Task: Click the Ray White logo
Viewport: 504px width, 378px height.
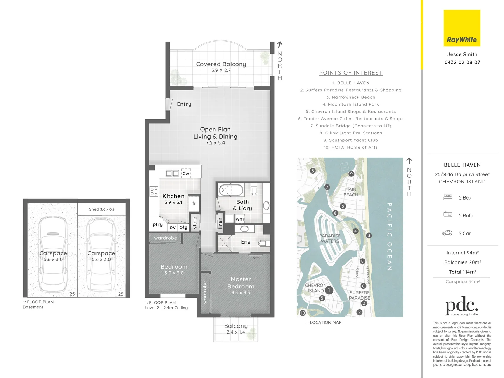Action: tap(462, 28)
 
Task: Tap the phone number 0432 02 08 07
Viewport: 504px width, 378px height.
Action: tap(462, 62)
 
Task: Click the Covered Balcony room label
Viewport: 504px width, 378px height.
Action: tap(221, 64)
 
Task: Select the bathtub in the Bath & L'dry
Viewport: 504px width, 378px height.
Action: tap(231, 190)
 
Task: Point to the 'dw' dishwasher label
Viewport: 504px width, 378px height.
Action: tap(186, 173)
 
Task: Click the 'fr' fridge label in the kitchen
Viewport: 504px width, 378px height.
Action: tap(194, 203)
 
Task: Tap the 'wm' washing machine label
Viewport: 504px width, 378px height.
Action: tap(240, 219)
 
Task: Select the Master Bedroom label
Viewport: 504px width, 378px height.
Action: tap(241, 283)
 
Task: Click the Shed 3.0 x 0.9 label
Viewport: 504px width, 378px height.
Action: tap(101, 209)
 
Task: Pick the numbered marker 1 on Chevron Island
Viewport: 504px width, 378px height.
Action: tap(329, 290)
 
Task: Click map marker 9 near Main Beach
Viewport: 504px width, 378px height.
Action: tap(351, 174)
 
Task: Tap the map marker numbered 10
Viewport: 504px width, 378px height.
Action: tap(303, 313)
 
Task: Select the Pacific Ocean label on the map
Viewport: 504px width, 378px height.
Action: tap(389, 237)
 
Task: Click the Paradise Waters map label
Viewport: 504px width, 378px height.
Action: tap(330, 238)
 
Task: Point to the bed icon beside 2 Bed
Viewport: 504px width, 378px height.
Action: tap(448, 197)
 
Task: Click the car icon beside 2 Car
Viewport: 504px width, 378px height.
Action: tap(447, 233)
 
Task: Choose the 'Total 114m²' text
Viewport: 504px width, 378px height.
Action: tap(462, 272)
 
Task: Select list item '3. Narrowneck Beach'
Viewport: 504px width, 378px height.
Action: tap(350, 97)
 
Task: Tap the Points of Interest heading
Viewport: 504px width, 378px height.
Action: tap(350, 73)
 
